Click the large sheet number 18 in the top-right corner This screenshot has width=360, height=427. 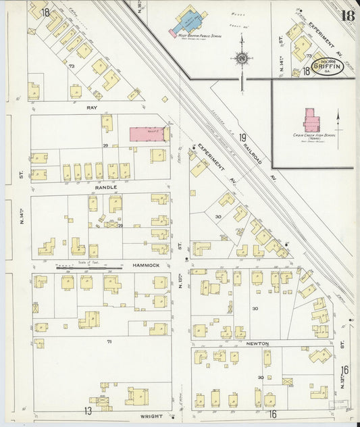click(347, 16)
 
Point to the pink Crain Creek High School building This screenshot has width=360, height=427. click(311, 120)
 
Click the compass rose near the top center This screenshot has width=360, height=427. click(240, 59)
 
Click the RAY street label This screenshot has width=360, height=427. click(92, 107)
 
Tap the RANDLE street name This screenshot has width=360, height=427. click(105, 186)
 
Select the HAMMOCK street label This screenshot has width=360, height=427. click(146, 266)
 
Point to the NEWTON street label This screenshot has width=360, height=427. click(258, 343)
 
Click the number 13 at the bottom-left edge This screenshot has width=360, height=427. click(88, 410)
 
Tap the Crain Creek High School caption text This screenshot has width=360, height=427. click(311, 136)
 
